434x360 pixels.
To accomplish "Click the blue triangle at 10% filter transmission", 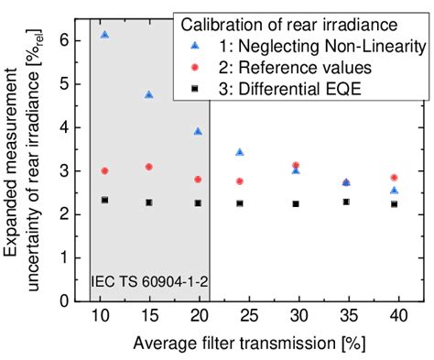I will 105,35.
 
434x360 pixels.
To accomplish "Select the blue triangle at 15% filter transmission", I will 148,94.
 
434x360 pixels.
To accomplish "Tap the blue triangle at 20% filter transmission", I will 198,131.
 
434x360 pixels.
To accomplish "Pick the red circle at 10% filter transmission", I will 105,171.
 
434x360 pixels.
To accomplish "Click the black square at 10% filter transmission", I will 105,200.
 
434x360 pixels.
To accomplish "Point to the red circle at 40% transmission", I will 394,178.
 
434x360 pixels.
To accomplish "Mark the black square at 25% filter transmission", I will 240,203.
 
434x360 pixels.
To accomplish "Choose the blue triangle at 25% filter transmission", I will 240,152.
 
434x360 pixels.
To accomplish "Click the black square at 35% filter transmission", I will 345,202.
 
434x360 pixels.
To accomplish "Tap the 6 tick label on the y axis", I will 65,40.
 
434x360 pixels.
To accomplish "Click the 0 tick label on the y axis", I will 65,300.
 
